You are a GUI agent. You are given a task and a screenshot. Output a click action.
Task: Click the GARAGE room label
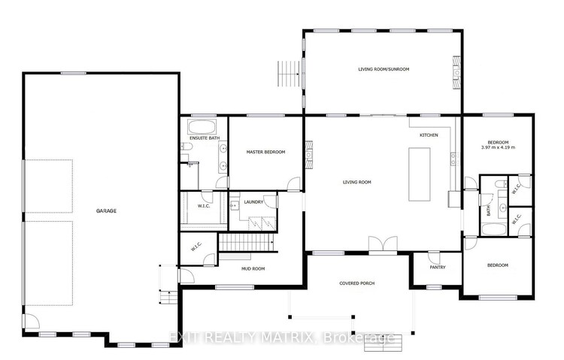click(x=106, y=211)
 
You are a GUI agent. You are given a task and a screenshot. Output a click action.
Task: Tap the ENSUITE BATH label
click(x=205, y=138)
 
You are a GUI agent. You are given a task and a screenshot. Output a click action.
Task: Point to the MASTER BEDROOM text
click(x=265, y=152)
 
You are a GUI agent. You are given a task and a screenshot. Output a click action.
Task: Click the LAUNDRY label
click(x=253, y=202)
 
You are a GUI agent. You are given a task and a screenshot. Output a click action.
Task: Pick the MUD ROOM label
click(x=253, y=268)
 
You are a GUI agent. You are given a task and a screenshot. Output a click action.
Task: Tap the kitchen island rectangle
click(x=420, y=174)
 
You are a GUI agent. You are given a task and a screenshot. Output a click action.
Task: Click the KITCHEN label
click(x=429, y=135)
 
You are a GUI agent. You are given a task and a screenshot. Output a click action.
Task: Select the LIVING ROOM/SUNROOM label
click(x=384, y=69)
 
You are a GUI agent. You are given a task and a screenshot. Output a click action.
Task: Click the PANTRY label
click(x=438, y=268)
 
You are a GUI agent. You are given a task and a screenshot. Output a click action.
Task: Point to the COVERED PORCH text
click(x=356, y=283)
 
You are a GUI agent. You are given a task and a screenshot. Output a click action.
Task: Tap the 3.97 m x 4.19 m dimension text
click(x=498, y=147)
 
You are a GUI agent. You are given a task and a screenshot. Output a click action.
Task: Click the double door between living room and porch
click(x=383, y=244)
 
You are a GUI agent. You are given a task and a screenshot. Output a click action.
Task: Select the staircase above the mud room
click(x=247, y=243)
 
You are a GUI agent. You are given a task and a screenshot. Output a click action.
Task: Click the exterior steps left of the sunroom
click(x=289, y=74)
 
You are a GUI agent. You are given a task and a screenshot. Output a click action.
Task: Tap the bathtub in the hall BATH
click(x=494, y=229)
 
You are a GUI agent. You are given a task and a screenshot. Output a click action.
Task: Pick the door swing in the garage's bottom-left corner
click(x=32, y=321)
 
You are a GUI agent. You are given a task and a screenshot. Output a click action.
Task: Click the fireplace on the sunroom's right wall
click(x=456, y=72)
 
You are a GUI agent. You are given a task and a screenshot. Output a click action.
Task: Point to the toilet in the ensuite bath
click(x=186, y=147)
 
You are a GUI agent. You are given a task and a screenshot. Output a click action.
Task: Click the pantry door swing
click(x=434, y=257)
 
